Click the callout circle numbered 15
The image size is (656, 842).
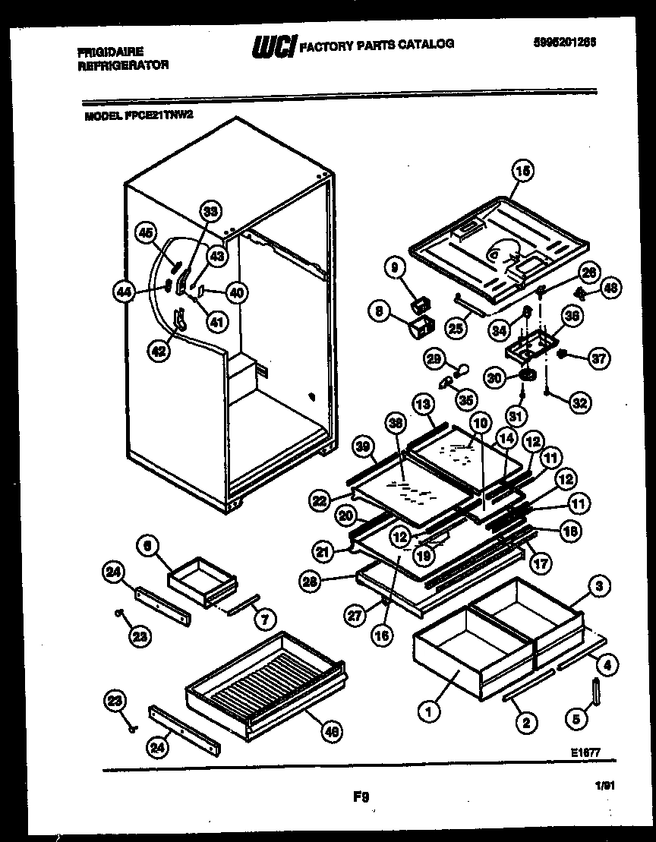coord(521,173)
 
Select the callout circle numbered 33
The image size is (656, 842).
coord(211,214)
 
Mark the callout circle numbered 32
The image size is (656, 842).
coord(580,404)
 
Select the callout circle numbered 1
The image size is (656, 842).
coord(429,712)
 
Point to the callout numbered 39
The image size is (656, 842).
coord(364,449)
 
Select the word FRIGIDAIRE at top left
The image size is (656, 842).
coord(110,52)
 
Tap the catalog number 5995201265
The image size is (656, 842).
coord(564,43)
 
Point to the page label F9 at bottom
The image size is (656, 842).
coord(361,796)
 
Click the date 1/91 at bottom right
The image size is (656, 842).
coord(605,788)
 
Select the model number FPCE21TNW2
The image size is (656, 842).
coord(163,117)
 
